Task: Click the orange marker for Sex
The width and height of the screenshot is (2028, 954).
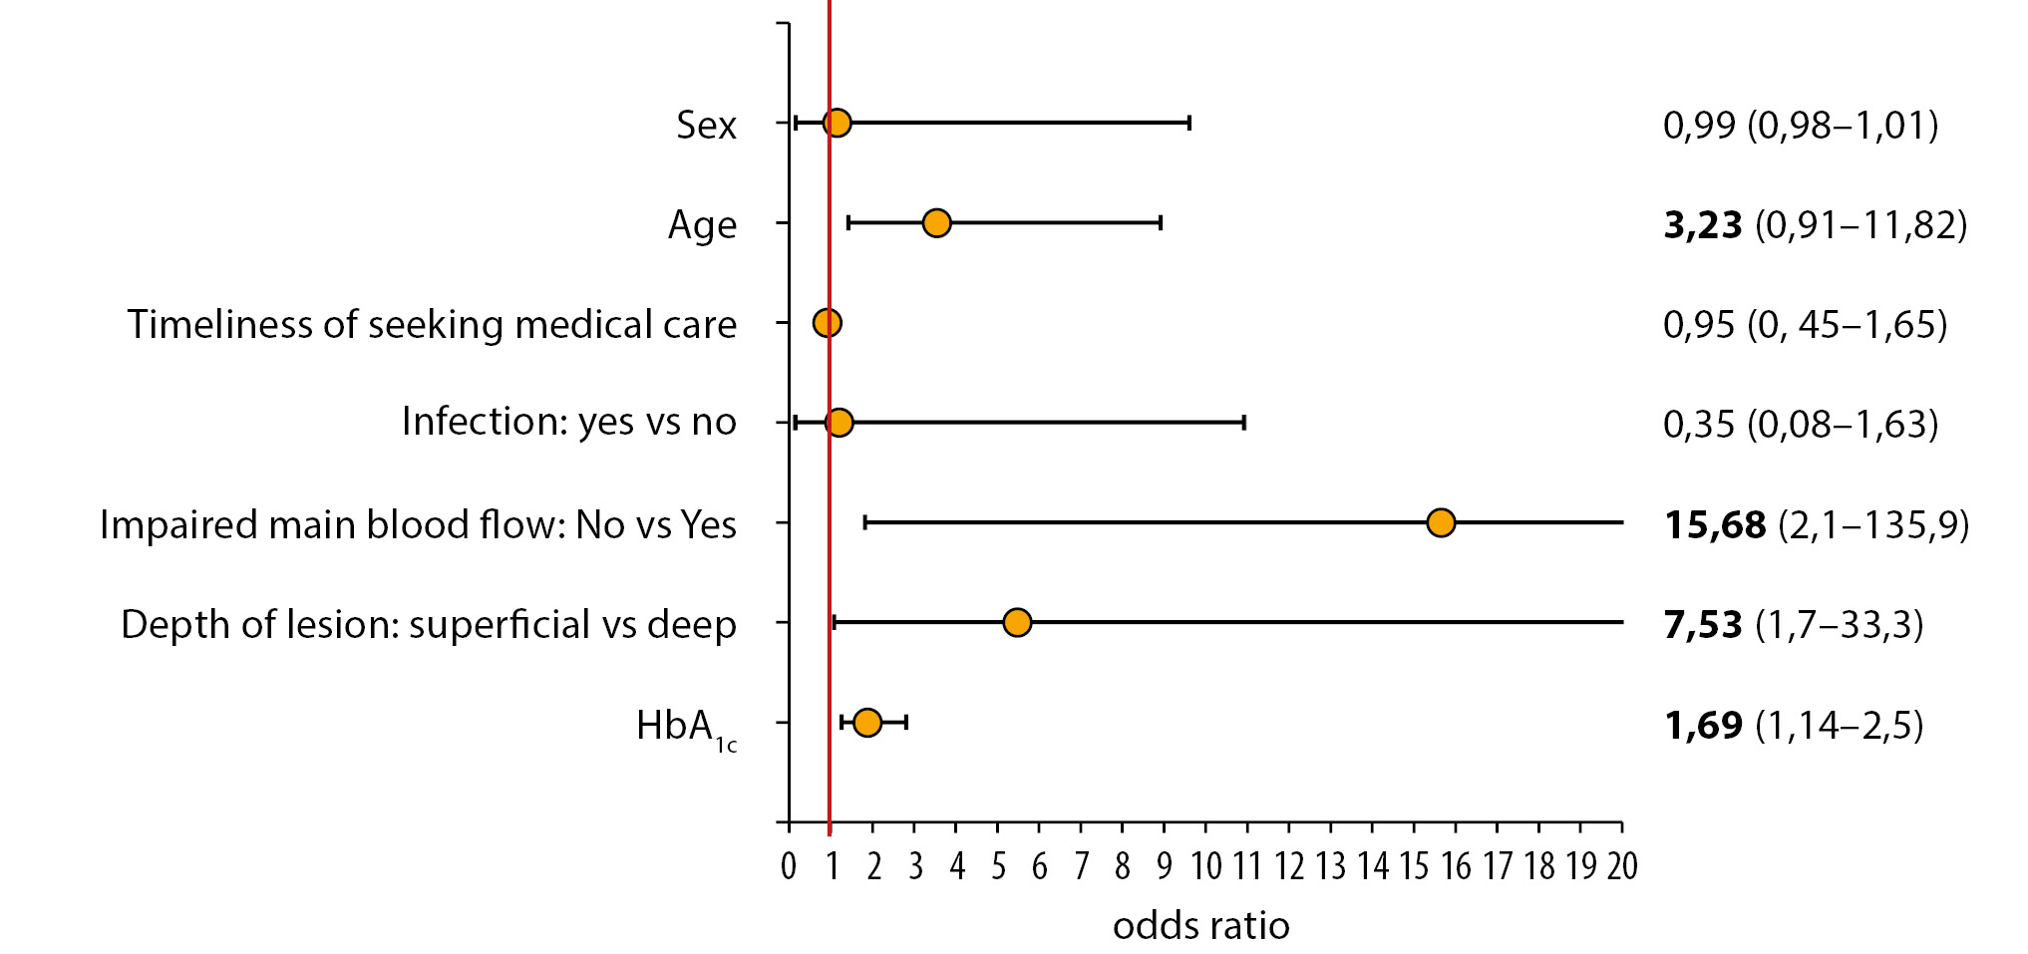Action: click(838, 123)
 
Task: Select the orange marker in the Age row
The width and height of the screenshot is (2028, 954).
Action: click(936, 222)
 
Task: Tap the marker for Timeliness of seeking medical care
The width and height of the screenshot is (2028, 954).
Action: click(827, 323)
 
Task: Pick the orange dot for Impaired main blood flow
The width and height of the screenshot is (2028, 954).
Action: click(1441, 522)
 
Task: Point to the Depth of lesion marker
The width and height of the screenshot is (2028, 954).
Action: click(1017, 622)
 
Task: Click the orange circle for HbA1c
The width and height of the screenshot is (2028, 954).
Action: click(867, 723)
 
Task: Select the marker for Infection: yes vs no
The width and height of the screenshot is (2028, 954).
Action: click(840, 423)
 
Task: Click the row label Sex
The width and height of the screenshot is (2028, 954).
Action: click(706, 126)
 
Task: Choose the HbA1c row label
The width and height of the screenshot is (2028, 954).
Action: click(687, 729)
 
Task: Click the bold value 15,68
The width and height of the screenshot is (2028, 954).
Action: click(1715, 525)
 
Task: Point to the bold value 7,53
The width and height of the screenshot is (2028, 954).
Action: click(1703, 625)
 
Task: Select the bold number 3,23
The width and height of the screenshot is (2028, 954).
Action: click(1703, 225)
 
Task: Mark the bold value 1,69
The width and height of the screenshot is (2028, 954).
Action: click(1703, 726)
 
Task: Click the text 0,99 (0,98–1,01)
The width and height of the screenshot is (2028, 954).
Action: click(1801, 126)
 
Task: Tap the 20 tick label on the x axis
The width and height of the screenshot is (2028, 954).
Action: click(1622, 866)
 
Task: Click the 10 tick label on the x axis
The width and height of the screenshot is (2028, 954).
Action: click(1205, 866)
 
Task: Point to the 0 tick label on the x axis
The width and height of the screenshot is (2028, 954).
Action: click(789, 866)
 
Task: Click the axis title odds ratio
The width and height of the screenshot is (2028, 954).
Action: click(1200, 926)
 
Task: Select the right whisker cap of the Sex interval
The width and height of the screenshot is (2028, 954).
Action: click(1189, 123)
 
